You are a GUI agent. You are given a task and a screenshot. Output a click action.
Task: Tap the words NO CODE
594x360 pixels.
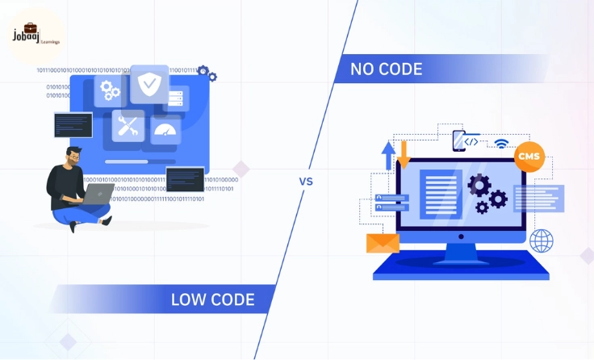point(386,69)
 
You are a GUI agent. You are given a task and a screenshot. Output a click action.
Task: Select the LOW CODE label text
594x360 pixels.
point(212,300)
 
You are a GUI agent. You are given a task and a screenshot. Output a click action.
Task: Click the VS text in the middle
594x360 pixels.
point(306,182)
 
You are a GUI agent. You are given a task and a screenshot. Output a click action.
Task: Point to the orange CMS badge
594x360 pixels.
point(529,156)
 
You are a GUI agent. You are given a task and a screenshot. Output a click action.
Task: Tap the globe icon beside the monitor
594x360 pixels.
point(541,240)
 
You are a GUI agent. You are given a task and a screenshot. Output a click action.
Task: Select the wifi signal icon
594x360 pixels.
point(501,144)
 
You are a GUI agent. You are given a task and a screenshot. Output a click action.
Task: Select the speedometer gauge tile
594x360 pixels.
point(165,130)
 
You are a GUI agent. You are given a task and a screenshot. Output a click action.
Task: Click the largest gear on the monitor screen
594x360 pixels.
point(479,186)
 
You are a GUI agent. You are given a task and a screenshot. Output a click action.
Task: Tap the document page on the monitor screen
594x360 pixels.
point(441,194)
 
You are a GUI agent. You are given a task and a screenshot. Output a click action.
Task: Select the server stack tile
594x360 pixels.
point(175,98)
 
